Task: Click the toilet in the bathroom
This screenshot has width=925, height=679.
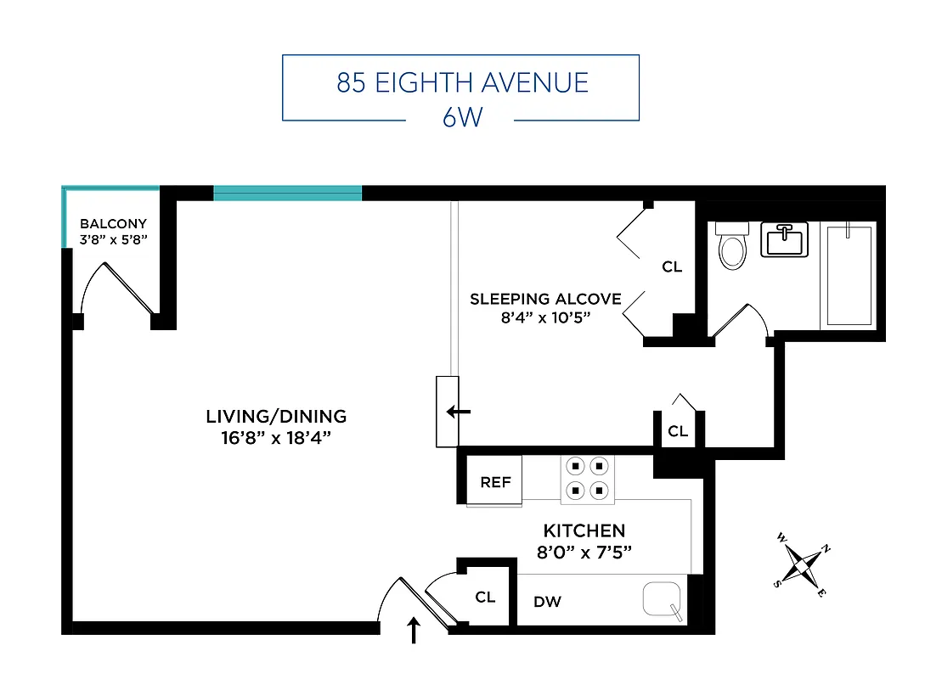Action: pos(731,245)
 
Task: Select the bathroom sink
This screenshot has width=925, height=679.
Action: pos(784,240)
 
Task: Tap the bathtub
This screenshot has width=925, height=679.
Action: pos(849,275)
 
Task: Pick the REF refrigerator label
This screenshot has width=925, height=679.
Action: pos(495,482)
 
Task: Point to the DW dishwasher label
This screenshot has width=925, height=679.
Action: pos(547,602)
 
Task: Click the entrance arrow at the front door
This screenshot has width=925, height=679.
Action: pos(415,631)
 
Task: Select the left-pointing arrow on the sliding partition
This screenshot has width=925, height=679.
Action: pos(459,412)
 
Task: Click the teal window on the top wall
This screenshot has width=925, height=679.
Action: pos(287,194)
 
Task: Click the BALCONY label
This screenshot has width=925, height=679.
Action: pos(113,224)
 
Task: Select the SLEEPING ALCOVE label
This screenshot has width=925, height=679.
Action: pos(545,299)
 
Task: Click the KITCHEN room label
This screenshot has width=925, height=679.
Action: pos(584,530)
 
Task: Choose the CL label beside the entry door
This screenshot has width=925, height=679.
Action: pos(485,598)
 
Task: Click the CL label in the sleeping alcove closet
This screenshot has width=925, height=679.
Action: pos(672,267)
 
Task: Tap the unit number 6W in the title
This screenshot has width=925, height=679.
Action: pos(461,116)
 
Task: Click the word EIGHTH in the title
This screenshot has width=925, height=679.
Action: pos(426,83)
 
